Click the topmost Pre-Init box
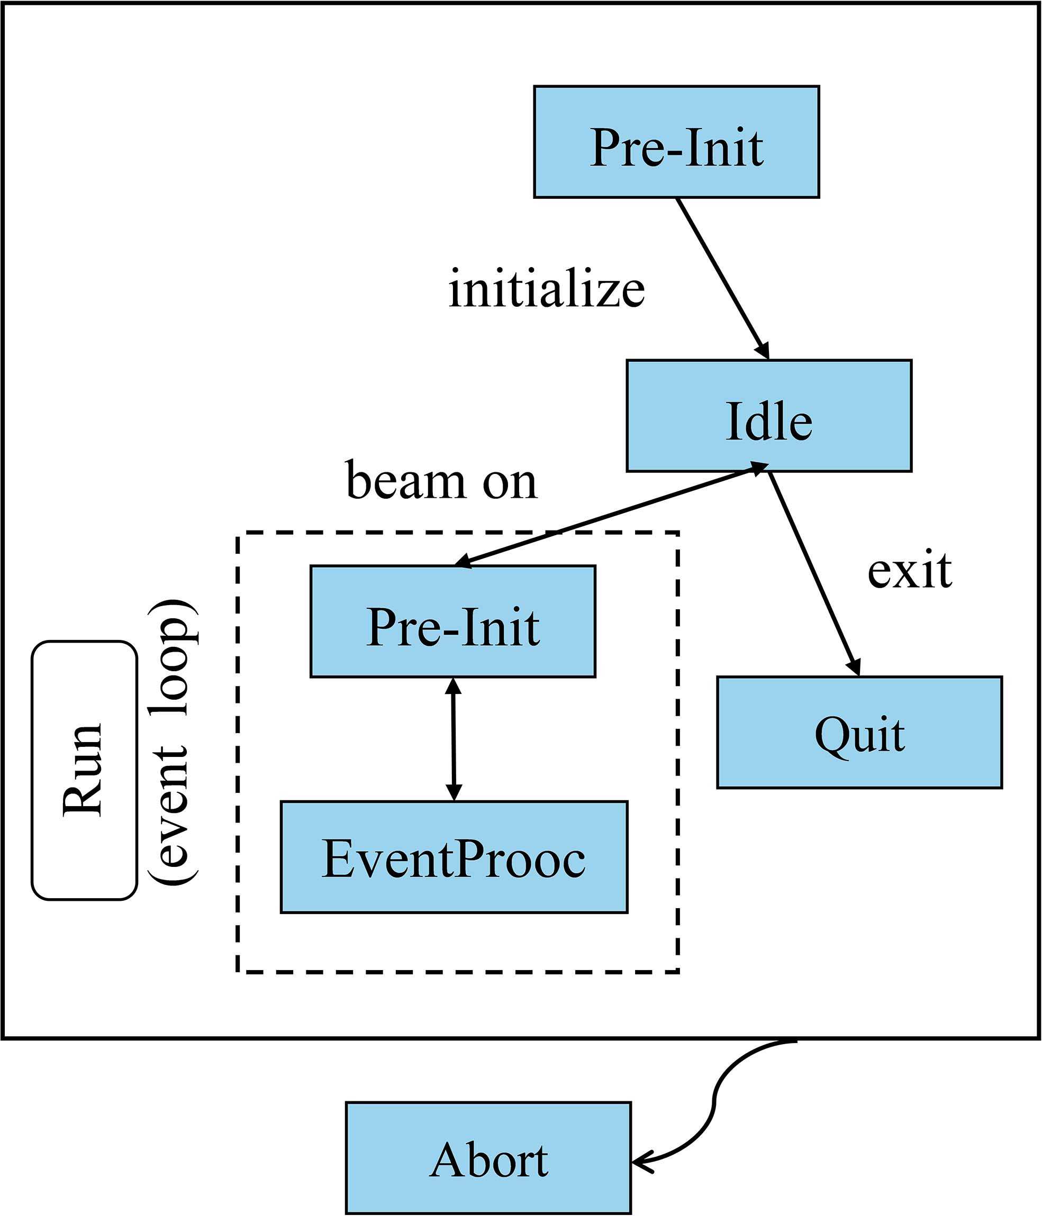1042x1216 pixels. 676,142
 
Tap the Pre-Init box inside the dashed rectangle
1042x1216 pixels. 452,621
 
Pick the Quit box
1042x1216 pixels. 859,733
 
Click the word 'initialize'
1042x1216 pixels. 547,289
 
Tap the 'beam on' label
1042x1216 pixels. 441,481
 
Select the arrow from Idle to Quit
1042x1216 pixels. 813,572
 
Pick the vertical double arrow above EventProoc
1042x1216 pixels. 453,739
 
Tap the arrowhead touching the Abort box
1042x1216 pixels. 641,1162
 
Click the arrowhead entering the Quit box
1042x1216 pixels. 854,668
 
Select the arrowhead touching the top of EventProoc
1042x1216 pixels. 454,793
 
